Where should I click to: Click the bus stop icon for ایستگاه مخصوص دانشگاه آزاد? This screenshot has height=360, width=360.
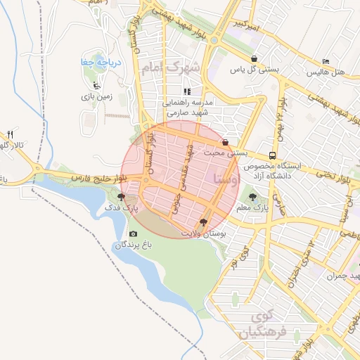[x=272, y=155]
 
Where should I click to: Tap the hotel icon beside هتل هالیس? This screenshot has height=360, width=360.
[x=325, y=62]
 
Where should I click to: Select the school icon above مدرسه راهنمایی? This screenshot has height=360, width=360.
[x=187, y=91]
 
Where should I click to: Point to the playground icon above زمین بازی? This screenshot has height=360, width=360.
[x=96, y=86]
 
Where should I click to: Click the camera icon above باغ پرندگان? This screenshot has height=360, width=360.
[x=133, y=234]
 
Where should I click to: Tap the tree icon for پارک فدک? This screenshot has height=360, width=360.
[x=122, y=198]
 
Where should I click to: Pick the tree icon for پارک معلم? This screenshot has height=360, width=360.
[x=253, y=198]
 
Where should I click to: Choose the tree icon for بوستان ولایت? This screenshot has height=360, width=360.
[x=204, y=222]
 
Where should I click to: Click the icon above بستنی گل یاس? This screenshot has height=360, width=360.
[x=254, y=59]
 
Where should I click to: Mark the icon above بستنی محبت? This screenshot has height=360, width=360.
[x=225, y=142]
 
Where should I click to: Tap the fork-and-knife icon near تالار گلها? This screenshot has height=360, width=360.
[x=11, y=134]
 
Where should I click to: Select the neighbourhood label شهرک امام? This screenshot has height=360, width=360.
[x=171, y=68]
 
